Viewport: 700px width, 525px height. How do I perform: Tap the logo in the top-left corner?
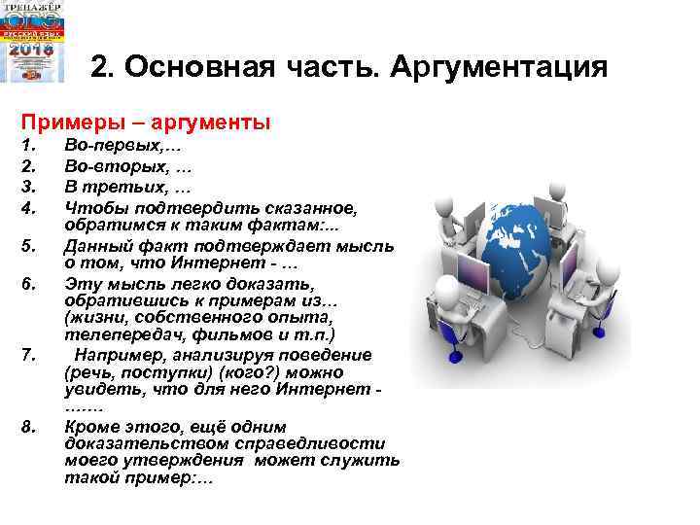[33, 42]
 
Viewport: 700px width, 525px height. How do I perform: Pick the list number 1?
[28, 146]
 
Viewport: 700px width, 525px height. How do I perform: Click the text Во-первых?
[108, 146]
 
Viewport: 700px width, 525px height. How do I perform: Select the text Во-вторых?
[108, 167]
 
